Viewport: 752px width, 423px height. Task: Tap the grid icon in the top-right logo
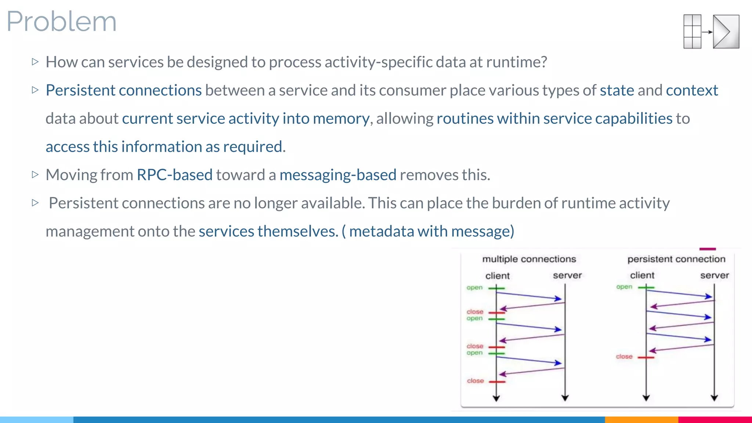[x=692, y=32]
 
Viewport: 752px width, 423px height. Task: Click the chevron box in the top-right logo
[x=726, y=32]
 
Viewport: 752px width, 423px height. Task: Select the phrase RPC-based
[x=174, y=175]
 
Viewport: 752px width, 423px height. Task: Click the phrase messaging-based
[x=338, y=175]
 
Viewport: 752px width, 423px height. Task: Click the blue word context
[x=692, y=90]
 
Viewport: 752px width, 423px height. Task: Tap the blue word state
[x=617, y=90]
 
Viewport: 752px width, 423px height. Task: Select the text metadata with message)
[x=431, y=231]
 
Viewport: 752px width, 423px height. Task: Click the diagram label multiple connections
[x=529, y=259]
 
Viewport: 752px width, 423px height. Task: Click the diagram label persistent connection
[x=676, y=259]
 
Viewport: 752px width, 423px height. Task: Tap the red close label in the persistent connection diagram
[x=624, y=357]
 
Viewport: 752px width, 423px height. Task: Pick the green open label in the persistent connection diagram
[x=624, y=287]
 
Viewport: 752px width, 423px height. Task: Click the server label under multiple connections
[x=567, y=275]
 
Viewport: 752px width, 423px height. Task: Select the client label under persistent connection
[x=642, y=275]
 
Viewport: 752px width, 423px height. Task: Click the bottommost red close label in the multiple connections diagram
[x=475, y=381]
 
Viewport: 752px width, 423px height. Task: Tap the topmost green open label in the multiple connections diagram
[x=474, y=288]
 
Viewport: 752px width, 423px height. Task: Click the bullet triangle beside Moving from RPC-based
[x=35, y=174]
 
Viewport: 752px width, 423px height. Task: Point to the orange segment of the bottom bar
[x=641, y=419]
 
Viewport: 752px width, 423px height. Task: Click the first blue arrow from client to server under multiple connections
[x=529, y=295]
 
